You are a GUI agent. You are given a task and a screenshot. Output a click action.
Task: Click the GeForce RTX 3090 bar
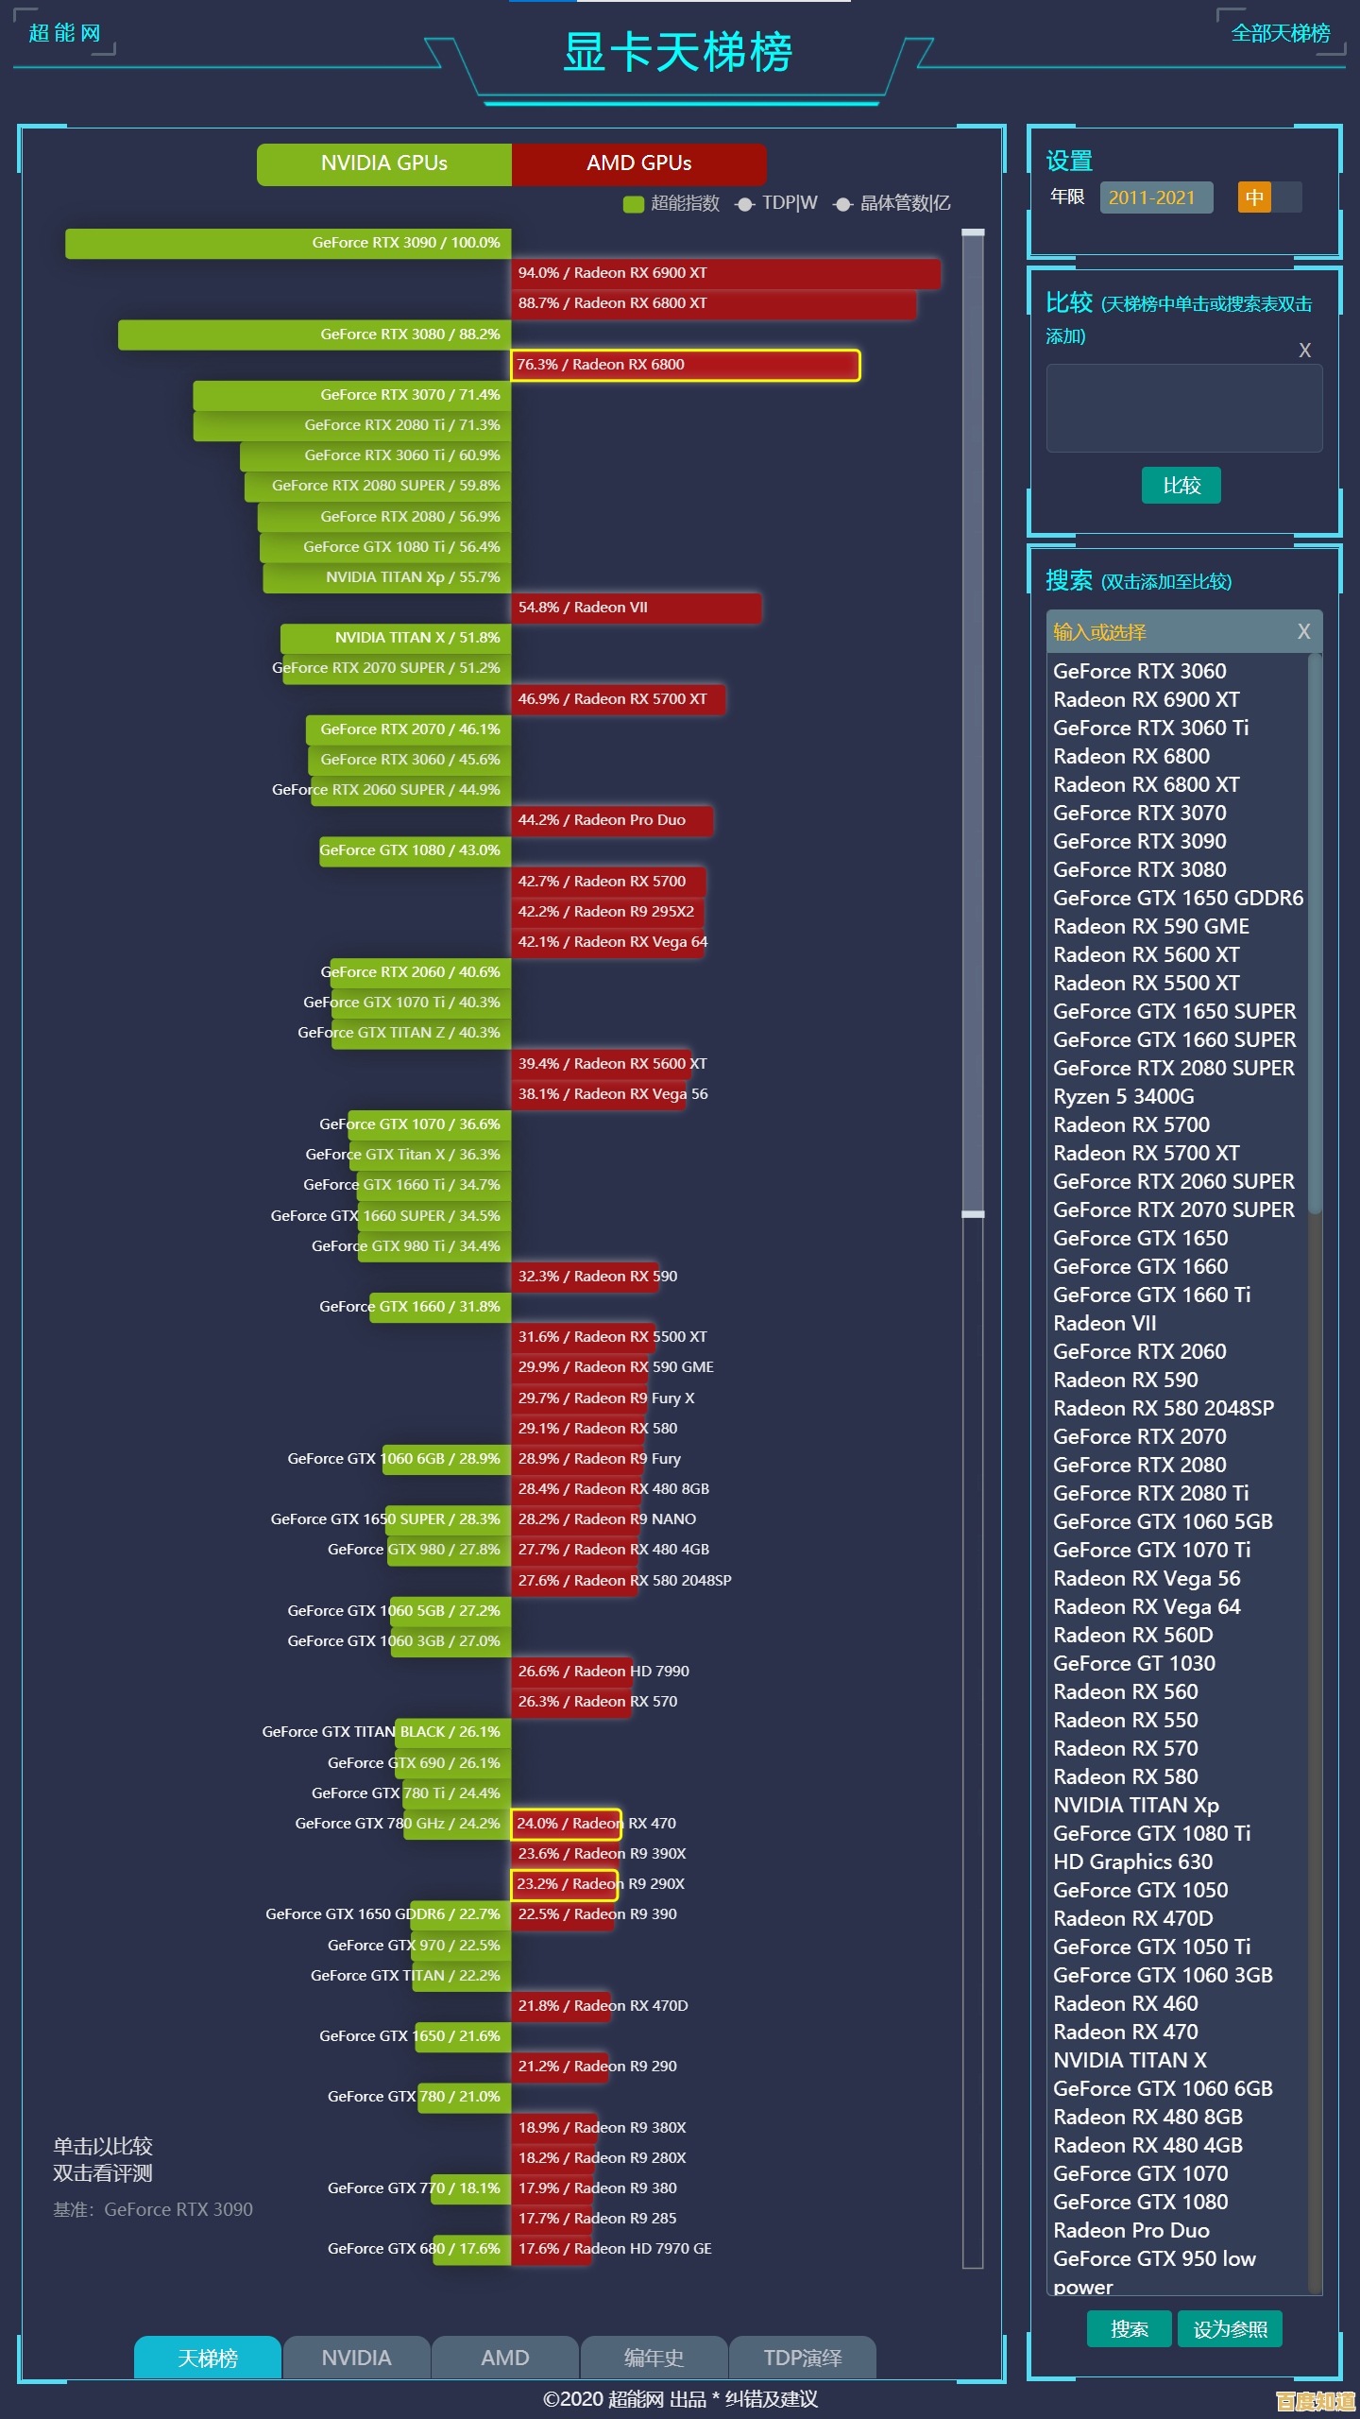(x=288, y=243)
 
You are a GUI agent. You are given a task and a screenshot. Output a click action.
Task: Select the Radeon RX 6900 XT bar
(x=725, y=273)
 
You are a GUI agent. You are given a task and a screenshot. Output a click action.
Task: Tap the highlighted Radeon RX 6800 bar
(x=685, y=365)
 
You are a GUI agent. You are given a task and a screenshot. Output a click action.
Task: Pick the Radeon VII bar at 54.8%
(x=636, y=608)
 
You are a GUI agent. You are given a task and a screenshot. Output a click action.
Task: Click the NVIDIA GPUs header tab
(x=383, y=163)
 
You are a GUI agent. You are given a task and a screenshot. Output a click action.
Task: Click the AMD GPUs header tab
(x=638, y=163)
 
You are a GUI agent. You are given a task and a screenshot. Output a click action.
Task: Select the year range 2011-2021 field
(x=1155, y=197)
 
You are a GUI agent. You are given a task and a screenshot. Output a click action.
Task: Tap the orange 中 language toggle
(x=1254, y=197)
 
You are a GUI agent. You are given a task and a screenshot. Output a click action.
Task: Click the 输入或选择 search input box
(x=1171, y=632)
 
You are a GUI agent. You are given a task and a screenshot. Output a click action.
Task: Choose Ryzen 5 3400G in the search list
(x=1123, y=1096)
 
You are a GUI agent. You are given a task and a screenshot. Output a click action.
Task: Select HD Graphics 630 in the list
(x=1132, y=1861)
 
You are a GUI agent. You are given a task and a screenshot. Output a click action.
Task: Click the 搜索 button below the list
(x=1129, y=2329)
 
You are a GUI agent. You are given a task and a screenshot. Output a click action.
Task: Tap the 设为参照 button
(x=1230, y=2329)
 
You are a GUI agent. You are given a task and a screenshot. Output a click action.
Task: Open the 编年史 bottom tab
(x=654, y=2358)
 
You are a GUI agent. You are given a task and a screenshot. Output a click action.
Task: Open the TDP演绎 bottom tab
(x=803, y=2358)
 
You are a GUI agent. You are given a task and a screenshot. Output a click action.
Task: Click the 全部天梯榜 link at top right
(x=1280, y=34)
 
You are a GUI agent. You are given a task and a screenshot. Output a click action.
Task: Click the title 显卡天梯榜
(x=677, y=53)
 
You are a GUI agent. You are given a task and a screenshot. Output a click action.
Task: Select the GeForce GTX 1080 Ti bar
(x=385, y=547)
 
